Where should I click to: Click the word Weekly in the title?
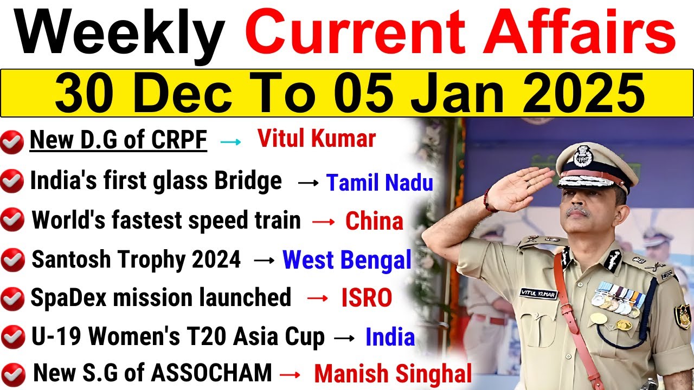pos(120,34)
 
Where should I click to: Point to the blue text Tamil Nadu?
pos(380,183)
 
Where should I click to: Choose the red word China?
pos(374,222)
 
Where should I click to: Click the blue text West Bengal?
pos(347,260)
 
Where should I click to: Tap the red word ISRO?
pos(367,298)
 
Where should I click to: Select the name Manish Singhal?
pos(393,374)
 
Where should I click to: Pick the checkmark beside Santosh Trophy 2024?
pos(12,261)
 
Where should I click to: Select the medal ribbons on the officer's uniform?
pos(618,298)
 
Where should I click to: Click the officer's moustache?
pos(577,210)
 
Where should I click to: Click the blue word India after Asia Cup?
pos(390,337)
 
